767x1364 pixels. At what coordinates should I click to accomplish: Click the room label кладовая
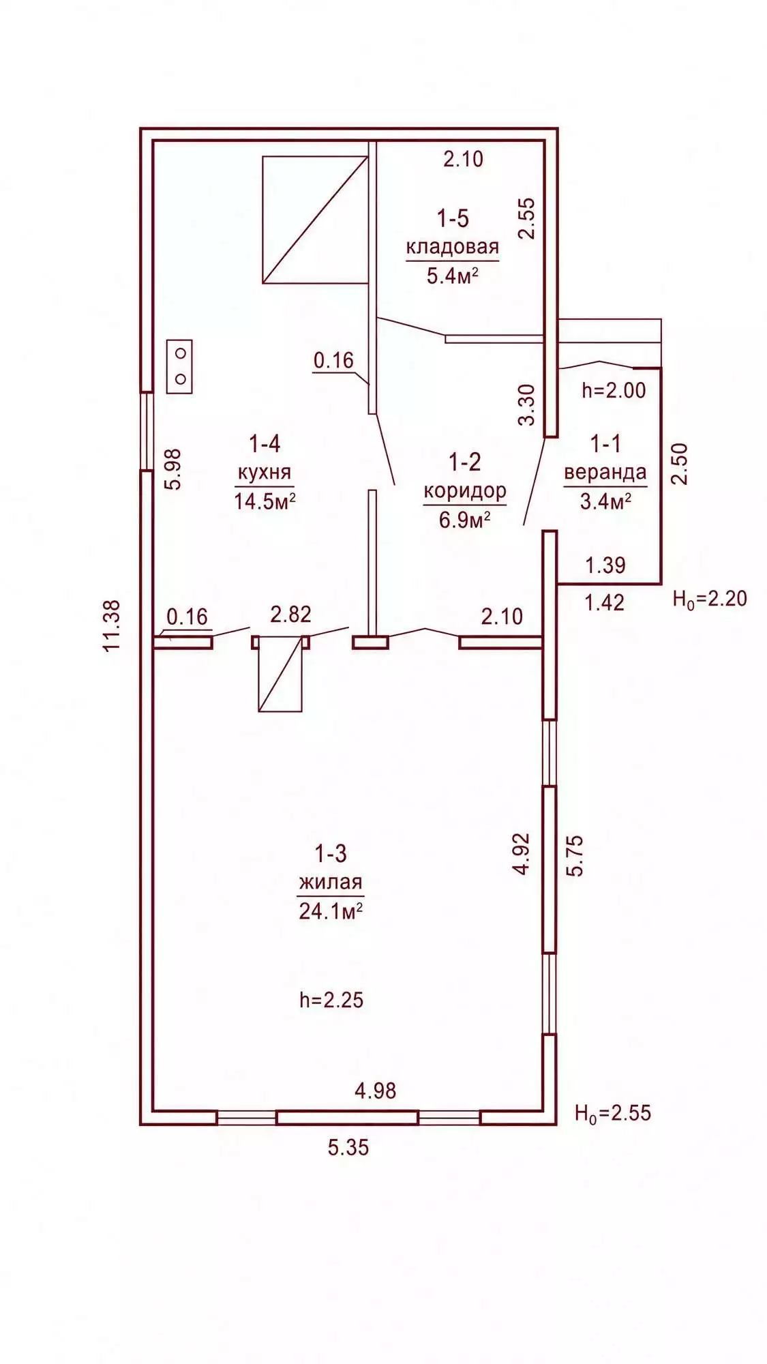pyautogui.click(x=453, y=247)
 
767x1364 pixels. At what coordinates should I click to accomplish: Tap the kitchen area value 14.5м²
pyautogui.click(x=265, y=501)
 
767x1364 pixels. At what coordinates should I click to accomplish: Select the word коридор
pyautogui.click(x=465, y=492)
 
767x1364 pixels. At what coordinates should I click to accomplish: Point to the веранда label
pyautogui.click(x=605, y=473)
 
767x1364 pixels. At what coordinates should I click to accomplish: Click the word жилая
pyautogui.click(x=331, y=882)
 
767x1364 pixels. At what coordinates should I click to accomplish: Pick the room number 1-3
pyautogui.click(x=331, y=853)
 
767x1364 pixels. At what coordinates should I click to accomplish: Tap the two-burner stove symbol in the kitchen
pyautogui.click(x=180, y=366)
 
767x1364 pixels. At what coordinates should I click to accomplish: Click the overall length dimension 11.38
pyautogui.click(x=112, y=625)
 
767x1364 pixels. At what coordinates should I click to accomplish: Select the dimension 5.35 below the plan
pyautogui.click(x=348, y=1147)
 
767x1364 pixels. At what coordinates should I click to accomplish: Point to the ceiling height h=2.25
pyautogui.click(x=331, y=1000)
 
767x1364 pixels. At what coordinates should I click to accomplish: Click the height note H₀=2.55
pyautogui.click(x=613, y=1113)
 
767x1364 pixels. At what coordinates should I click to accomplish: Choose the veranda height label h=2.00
pyautogui.click(x=614, y=390)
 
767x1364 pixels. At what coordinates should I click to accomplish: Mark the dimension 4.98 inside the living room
pyautogui.click(x=375, y=1091)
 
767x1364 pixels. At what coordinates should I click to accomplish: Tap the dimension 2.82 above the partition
pyautogui.click(x=290, y=614)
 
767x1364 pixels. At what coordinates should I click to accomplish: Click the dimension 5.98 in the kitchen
pyautogui.click(x=174, y=469)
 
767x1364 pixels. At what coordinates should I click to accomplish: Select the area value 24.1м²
pyautogui.click(x=331, y=910)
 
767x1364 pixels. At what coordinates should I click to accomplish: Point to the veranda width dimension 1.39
pyautogui.click(x=605, y=565)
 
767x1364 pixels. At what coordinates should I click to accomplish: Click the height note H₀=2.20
pyautogui.click(x=710, y=599)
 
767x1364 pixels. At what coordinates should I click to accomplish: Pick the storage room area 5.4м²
pyautogui.click(x=451, y=276)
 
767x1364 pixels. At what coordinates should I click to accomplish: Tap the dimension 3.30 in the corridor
pyautogui.click(x=526, y=405)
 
